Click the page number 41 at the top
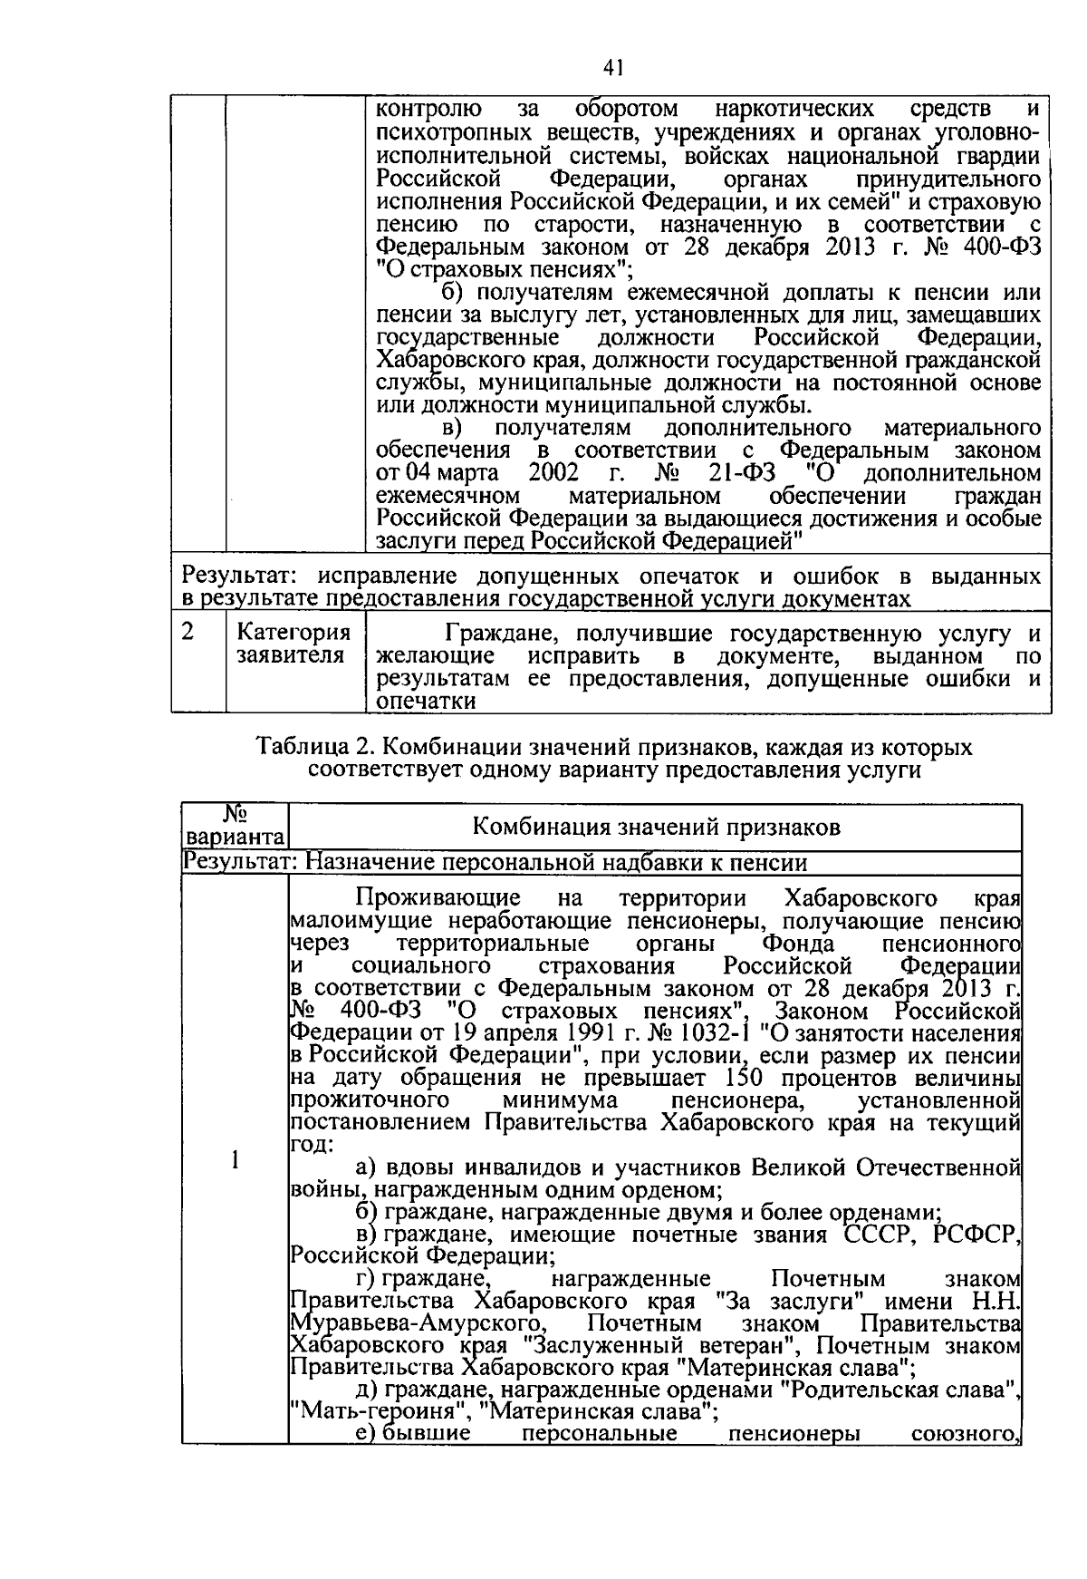click(613, 69)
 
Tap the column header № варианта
click(235, 826)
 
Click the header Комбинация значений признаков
click(656, 827)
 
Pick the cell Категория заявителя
click(293, 644)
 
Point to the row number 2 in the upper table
click(188, 632)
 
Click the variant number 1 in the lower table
click(235, 1160)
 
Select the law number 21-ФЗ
click(741, 473)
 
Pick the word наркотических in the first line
click(794, 111)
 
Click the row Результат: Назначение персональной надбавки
click(495, 862)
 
